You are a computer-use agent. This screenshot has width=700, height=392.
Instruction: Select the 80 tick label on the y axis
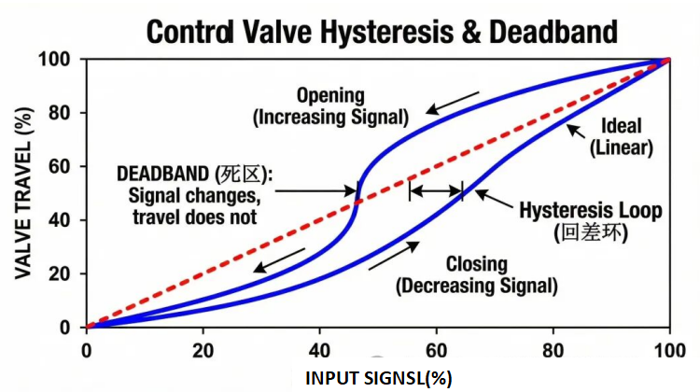63,113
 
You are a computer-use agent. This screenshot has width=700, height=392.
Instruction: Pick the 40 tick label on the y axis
63,220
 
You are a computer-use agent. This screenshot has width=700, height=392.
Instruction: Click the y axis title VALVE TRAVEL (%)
22,193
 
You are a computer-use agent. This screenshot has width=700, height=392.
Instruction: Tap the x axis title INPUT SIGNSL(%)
377,379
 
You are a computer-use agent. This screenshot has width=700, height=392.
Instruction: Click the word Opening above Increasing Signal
329,95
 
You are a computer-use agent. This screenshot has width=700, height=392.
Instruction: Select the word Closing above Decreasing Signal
476,263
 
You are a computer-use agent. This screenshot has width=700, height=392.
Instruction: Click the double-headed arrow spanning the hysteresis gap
436,191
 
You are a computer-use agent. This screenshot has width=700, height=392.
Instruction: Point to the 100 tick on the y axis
58,60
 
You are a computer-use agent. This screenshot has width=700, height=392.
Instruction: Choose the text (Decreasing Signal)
476,285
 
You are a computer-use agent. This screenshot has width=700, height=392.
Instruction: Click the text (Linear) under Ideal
623,147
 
